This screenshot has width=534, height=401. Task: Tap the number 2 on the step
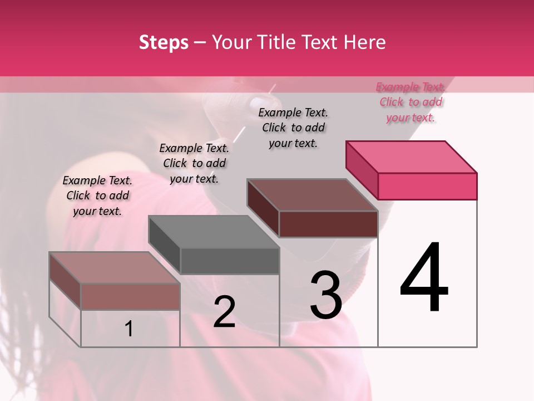point(224,311)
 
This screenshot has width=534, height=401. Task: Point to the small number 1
point(129,329)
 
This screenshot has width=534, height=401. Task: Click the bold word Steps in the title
point(164,42)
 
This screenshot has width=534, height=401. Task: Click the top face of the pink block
point(412,157)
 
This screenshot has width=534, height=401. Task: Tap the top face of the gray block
point(214,231)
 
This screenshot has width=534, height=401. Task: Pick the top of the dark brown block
point(313,195)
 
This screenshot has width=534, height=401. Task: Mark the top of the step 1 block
point(115,267)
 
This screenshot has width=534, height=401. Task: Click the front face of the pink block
point(427,186)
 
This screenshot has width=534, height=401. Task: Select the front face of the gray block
point(230,261)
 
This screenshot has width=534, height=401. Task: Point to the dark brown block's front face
point(328,224)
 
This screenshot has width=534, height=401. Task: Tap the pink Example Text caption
point(411,102)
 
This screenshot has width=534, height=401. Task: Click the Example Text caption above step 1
point(97,195)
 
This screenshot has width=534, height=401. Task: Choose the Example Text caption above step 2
point(194,163)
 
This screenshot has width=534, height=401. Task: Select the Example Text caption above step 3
point(293,128)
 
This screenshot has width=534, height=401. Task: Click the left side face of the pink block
point(362,169)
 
